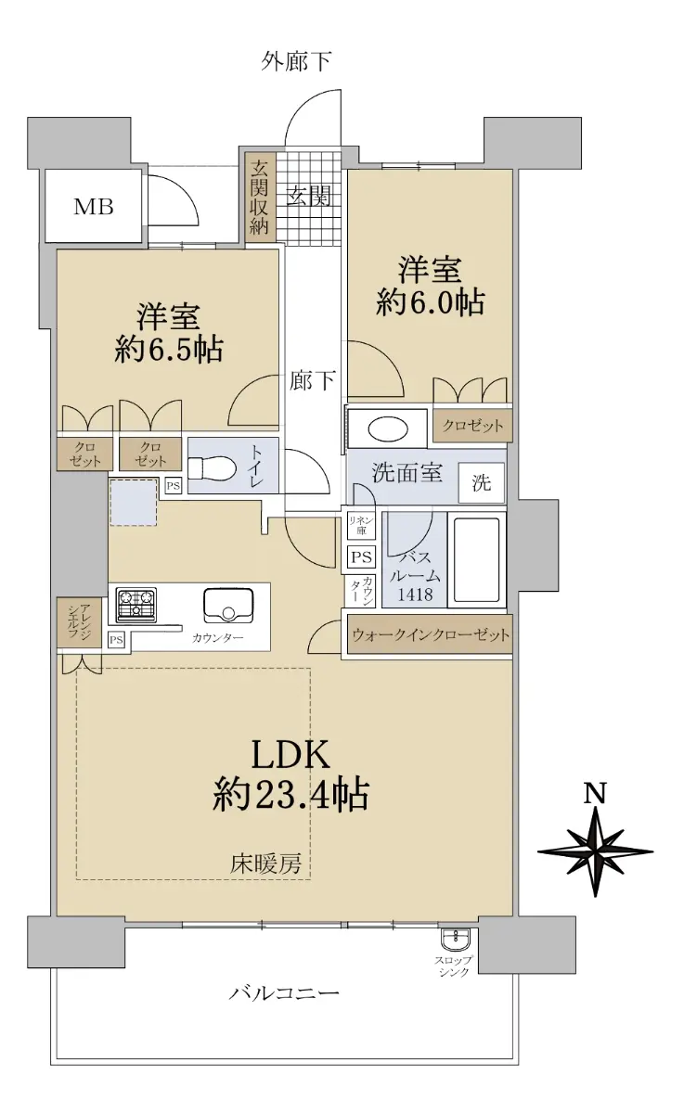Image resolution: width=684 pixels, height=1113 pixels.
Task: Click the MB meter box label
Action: coord(94,206)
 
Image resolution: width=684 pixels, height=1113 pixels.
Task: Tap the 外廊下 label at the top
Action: coord(296,61)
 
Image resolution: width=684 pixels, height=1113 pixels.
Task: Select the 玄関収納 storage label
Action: coord(259,198)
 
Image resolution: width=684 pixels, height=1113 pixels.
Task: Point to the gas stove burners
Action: coord(136,605)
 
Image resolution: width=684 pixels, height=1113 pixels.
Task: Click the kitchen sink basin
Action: coord(228,605)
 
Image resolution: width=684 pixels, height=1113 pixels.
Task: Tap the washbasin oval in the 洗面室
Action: coord(387,428)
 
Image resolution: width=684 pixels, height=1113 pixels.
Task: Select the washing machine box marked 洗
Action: coord(481,482)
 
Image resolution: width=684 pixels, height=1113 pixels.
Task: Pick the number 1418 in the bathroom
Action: coord(416,594)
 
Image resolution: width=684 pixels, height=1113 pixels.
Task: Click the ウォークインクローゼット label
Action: coord(431,634)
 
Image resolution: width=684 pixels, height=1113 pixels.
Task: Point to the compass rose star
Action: coord(595,851)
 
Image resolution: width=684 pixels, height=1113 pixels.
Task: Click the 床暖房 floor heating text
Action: coord(265,865)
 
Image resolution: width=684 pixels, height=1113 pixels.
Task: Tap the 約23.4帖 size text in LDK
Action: coord(290,794)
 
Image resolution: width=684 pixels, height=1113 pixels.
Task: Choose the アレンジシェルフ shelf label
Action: coord(80,621)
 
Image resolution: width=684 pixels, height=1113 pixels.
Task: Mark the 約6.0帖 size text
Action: coord(430,301)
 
